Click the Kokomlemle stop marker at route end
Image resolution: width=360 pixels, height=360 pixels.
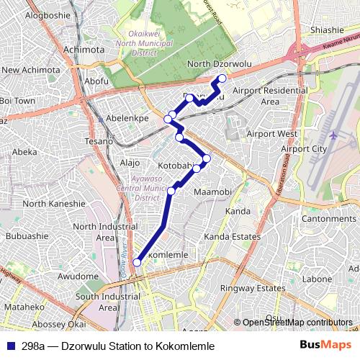[x=137, y=263]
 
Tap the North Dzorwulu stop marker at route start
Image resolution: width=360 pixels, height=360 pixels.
[x=222, y=78]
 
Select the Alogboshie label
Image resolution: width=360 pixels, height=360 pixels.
[x=49, y=14]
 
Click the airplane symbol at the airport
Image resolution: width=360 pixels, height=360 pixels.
[x=333, y=135]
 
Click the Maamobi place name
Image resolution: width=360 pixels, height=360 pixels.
[x=212, y=192]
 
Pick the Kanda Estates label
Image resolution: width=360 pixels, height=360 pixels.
[x=232, y=236]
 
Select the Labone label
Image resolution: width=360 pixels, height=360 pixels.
[x=317, y=279]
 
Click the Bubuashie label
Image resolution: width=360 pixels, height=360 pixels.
[x=27, y=235]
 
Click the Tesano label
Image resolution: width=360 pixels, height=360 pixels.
[x=97, y=142]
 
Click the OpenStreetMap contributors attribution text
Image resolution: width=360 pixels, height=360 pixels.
[x=296, y=323]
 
